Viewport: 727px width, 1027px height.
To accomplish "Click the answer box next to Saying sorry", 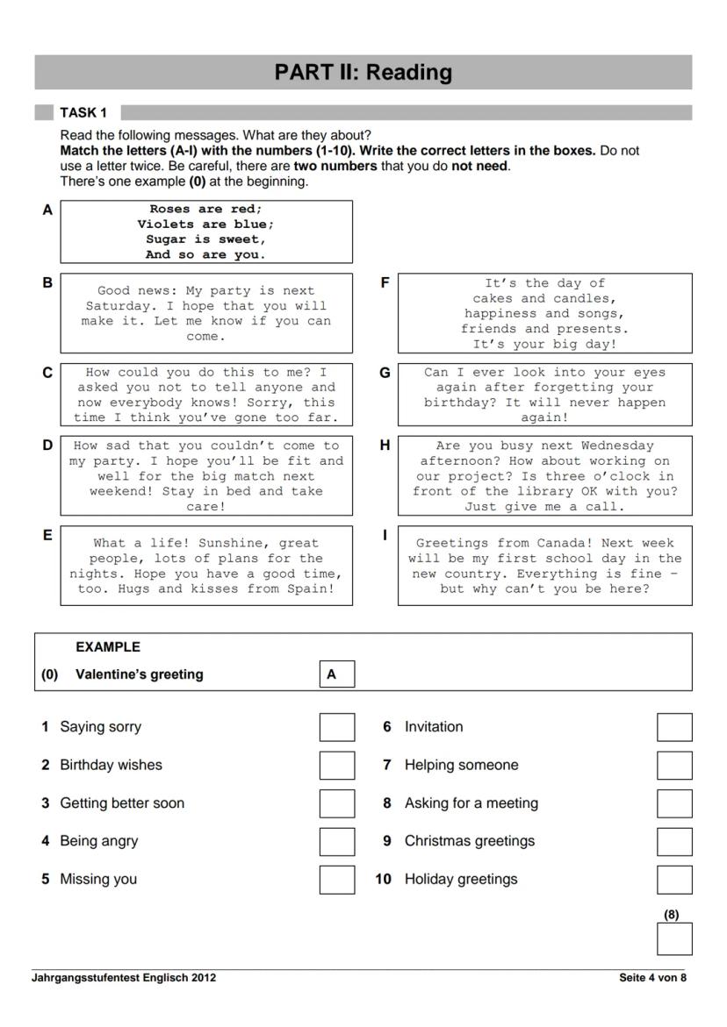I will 337,727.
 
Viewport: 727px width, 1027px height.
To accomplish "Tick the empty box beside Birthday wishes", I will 337,765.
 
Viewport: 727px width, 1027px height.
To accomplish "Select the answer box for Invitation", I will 674,727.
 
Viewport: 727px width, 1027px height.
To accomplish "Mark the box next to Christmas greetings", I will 674,841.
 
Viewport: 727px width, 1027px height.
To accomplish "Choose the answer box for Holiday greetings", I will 674,880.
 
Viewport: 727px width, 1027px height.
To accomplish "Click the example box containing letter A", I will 337,674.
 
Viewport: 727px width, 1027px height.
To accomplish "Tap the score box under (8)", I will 674,938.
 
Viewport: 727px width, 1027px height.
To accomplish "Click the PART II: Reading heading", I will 363,72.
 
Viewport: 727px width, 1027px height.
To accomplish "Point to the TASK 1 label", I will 83,112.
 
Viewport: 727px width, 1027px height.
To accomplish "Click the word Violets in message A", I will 163,224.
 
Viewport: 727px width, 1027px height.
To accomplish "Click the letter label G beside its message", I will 385,373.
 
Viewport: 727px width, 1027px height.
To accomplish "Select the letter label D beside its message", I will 47,446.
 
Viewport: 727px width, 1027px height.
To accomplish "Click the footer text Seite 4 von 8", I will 652,978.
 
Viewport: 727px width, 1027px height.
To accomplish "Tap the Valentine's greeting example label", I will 139,674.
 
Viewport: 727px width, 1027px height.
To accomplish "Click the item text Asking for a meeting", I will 471,803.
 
